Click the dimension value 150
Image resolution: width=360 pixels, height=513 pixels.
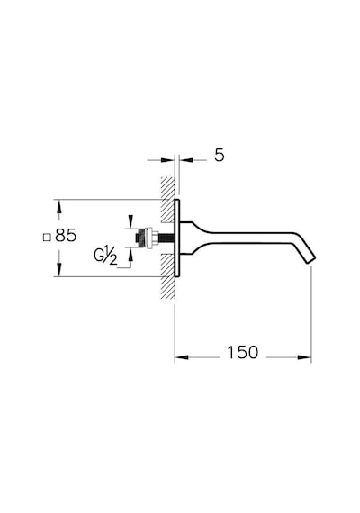(x=242, y=353)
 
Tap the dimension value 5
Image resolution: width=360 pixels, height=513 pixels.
(x=220, y=155)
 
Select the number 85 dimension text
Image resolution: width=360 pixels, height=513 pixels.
(x=66, y=235)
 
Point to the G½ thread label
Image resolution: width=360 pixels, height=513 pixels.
(x=105, y=255)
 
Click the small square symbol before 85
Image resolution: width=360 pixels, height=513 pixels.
(x=47, y=238)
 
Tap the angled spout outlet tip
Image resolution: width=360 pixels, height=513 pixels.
(x=311, y=259)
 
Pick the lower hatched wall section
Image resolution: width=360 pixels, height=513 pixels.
(x=168, y=276)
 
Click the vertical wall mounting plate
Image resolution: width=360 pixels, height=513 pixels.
(x=177, y=238)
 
